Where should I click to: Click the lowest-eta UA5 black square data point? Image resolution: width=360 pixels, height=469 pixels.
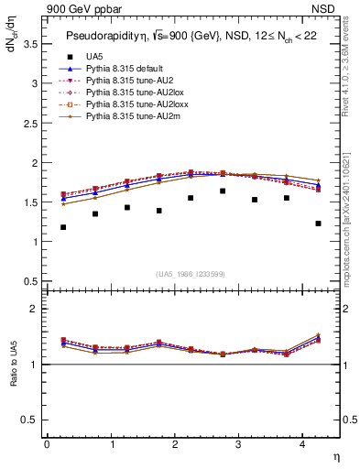point(63,227)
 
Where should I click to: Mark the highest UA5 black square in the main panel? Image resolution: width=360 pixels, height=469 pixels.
point(223,191)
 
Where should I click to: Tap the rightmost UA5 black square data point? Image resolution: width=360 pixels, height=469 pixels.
point(318,224)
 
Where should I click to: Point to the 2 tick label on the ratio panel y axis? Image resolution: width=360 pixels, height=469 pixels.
point(34,310)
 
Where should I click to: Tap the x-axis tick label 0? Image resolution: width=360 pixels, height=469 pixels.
point(47,445)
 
